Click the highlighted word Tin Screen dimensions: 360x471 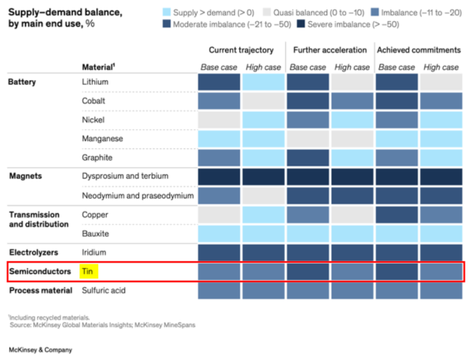88,271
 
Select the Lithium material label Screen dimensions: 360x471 96,82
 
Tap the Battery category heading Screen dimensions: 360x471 22,82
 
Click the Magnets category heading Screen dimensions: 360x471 25,176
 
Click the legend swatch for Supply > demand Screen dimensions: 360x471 167,12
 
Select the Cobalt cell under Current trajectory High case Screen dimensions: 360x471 262,100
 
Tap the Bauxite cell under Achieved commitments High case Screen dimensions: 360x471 440,233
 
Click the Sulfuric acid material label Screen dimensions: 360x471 104,290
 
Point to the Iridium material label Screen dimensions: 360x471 94,253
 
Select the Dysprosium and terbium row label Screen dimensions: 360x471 125,176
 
